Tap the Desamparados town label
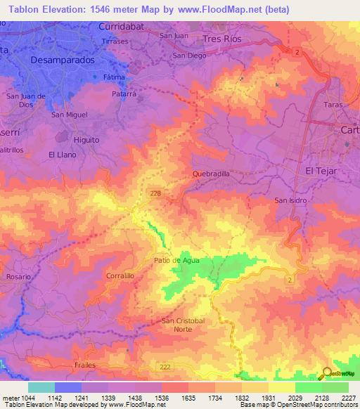(x=63, y=61)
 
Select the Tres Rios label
(x=221, y=39)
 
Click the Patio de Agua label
(x=176, y=260)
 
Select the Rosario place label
(x=19, y=277)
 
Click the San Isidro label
(x=290, y=200)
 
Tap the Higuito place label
(x=86, y=140)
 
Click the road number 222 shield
(x=164, y=366)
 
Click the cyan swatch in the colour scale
(x=41, y=387)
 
